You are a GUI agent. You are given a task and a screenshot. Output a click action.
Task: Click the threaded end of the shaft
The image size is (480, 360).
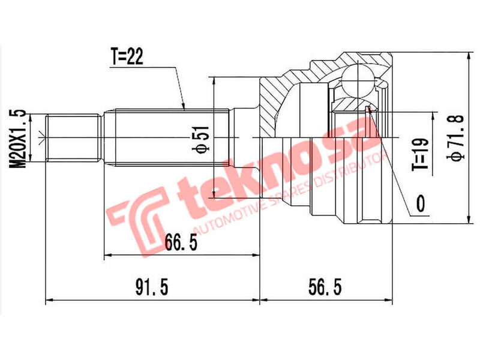click(73, 137)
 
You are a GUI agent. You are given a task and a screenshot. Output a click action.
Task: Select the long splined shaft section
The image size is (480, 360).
click(168, 137)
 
